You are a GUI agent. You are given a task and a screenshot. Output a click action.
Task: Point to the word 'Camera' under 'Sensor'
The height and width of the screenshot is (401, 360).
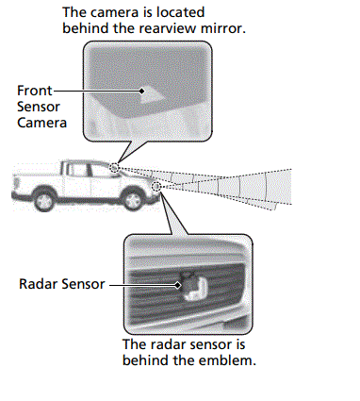tap(40, 122)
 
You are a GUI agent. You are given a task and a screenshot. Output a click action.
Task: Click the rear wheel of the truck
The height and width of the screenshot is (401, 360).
tap(43, 200)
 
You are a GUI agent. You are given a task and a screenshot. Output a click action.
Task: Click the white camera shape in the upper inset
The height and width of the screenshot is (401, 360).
tap(150, 92)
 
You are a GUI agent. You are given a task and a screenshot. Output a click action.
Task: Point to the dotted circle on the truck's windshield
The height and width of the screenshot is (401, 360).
tap(113, 168)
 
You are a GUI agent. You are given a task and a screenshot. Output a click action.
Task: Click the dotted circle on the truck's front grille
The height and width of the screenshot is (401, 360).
tap(156, 188)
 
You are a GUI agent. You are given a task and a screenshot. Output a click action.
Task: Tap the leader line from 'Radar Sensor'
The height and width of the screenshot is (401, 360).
tap(141, 282)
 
